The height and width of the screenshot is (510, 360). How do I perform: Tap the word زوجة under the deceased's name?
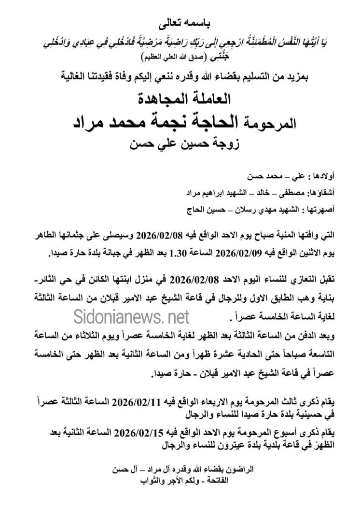217,143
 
